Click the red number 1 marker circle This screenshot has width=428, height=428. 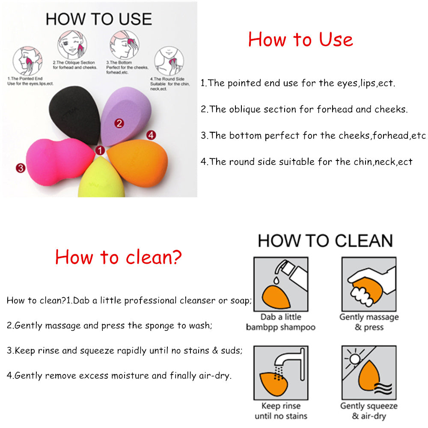pyautogui.click(x=100, y=151)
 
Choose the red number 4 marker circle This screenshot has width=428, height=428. pyautogui.click(x=151, y=135)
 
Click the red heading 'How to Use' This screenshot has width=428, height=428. pyautogui.click(x=300, y=39)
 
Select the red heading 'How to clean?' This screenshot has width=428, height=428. pyautogui.click(x=118, y=257)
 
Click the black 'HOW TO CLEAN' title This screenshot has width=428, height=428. pyautogui.click(x=325, y=241)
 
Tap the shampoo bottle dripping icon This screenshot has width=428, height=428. pyautogui.click(x=280, y=284)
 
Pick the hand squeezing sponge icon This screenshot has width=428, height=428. pyautogui.click(x=369, y=284)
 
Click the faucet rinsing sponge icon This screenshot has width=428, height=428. pyautogui.click(x=280, y=372)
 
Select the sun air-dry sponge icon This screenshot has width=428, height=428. pyautogui.click(x=369, y=372)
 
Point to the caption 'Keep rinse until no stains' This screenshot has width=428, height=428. pyautogui.click(x=281, y=411)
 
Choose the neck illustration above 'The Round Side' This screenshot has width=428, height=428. pyautogui.click(x=169, y=61)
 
